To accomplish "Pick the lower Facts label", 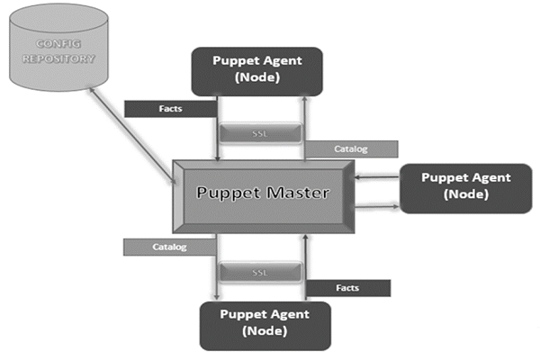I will tap(347, 288).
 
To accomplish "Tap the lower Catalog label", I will tap(169, 246).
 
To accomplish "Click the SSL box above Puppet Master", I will tap(259, 132).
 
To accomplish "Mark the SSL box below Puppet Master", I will tap(259, 271).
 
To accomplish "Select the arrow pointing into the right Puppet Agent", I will tap(378, 207).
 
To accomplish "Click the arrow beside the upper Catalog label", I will tap(305, 126).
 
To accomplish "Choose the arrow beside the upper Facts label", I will tap(217, 126).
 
